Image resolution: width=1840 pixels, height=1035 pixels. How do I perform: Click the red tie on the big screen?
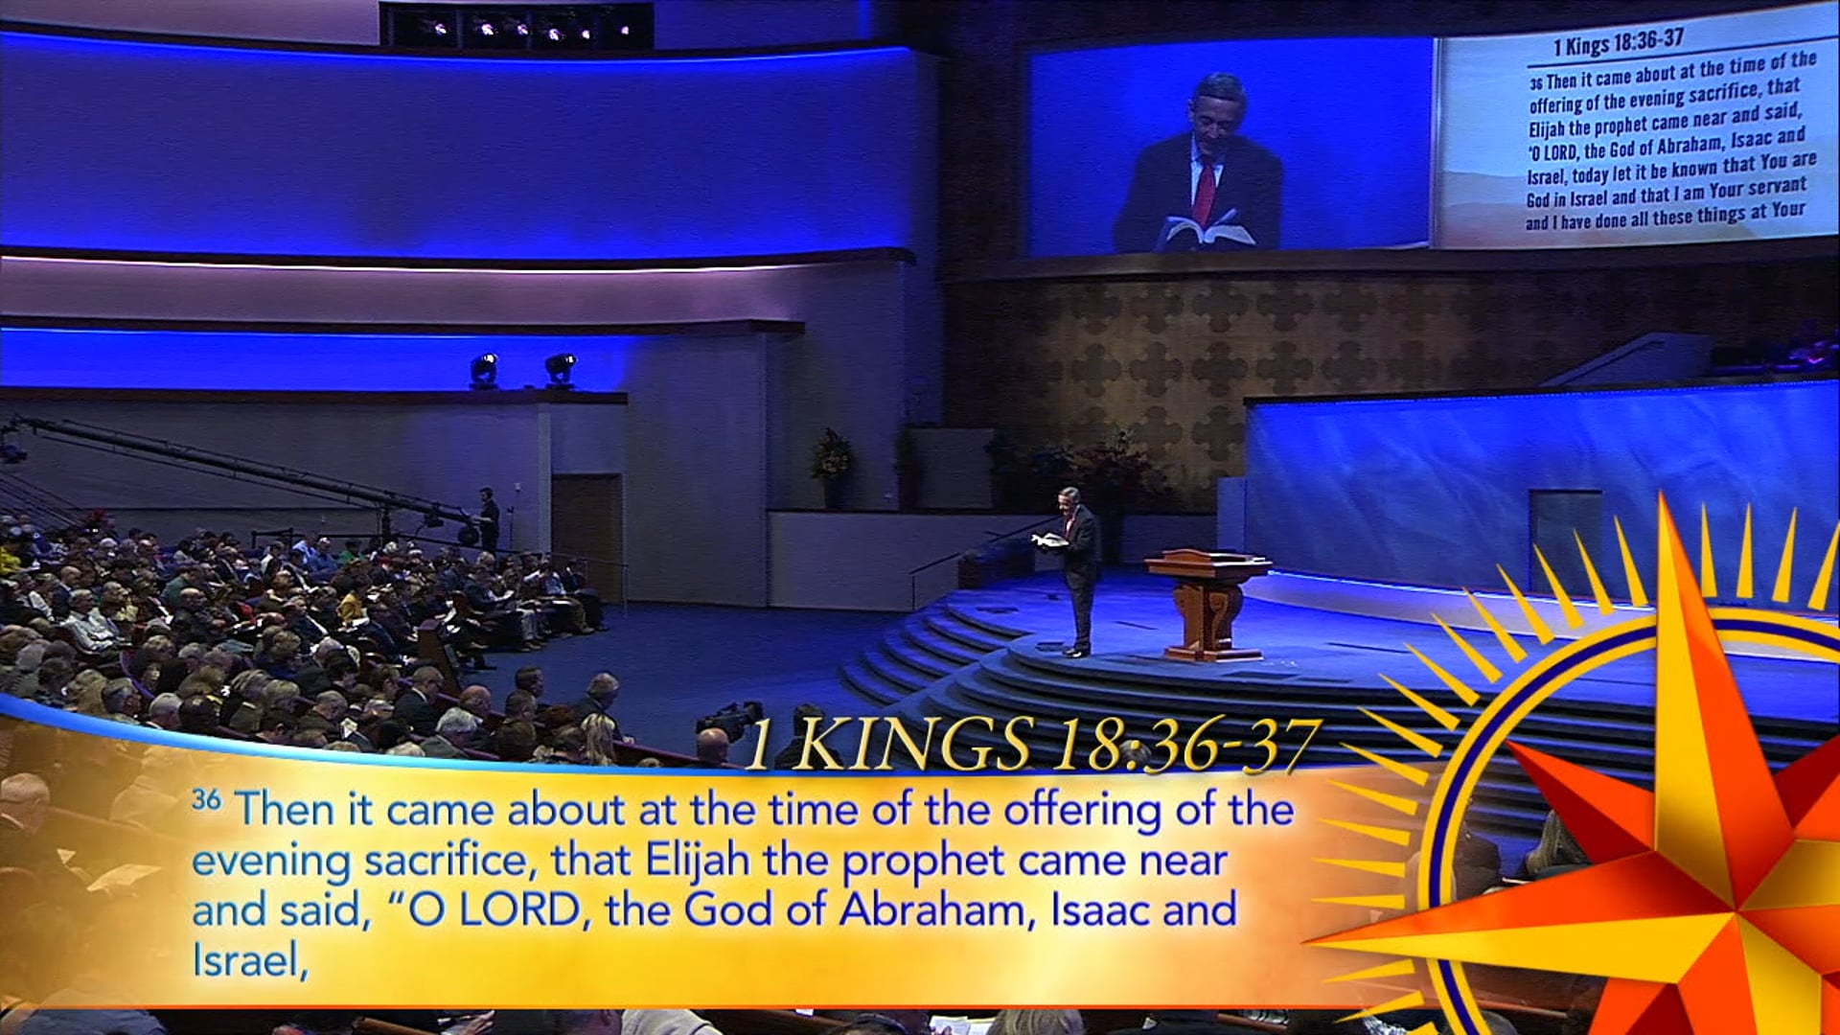1205,192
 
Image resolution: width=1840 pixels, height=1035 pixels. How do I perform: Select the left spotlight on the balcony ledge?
484,370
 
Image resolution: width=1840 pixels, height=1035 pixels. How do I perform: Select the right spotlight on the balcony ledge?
560,369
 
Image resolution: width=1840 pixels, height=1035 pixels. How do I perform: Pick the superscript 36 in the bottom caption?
206,798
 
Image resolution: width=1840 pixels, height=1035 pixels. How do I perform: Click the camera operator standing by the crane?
489,520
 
